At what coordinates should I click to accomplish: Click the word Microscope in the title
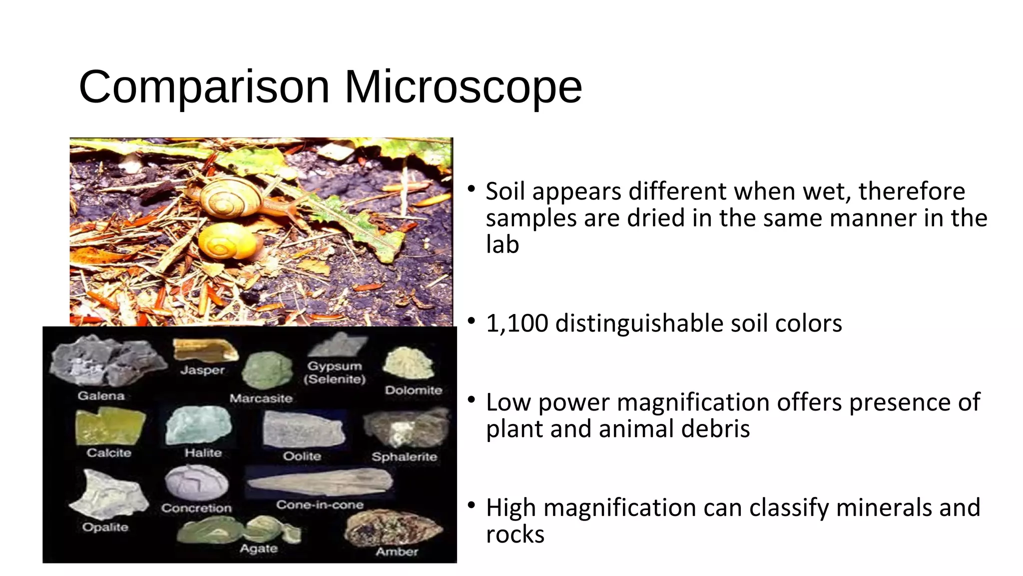(463, 86)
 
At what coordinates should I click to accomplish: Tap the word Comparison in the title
(204, 87)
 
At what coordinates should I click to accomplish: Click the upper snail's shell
(229, 197)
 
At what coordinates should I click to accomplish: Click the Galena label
(101, 395)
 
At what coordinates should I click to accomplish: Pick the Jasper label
(202, 370)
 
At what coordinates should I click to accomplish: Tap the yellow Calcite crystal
(108, 426)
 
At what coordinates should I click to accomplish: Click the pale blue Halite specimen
(199, 424)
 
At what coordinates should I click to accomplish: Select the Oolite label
(302, 456)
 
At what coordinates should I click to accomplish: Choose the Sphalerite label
(404, 456)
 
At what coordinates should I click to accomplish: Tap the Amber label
(397, 551)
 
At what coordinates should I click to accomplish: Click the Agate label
(258, 548)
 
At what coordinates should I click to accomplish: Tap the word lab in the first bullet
(502, 244)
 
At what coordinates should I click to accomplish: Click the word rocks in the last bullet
(514, 534)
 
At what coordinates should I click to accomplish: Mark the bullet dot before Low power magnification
(471, 400)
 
